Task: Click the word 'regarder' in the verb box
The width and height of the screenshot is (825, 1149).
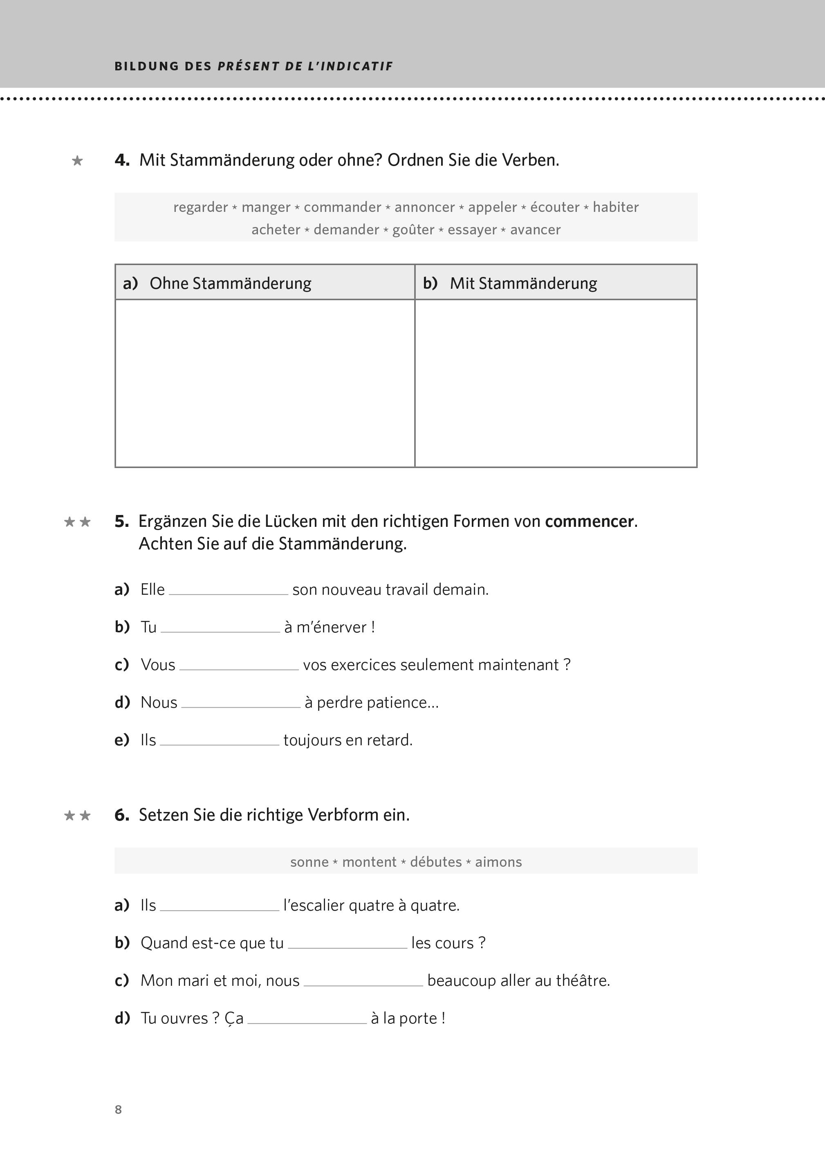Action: click(x=201, y=207)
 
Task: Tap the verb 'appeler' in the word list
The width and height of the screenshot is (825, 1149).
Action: click(x=492, y=207)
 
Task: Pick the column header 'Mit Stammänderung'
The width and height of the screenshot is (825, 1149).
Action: click(x=523, y=283)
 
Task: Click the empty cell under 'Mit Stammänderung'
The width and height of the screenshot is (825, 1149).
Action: click(x=556, y=383)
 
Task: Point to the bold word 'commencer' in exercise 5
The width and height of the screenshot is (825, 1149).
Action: click(x=589, y=521)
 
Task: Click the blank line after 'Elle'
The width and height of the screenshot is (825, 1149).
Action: click(x=229, y=591)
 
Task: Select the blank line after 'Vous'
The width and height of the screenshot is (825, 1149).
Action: click(x=239, y=666)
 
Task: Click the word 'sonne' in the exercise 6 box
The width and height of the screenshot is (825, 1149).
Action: click(x=309, y=862)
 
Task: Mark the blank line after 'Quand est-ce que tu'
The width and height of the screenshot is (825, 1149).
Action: click(x=347, y=944)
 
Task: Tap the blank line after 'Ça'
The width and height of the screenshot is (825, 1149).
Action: click(x=307, y=1019)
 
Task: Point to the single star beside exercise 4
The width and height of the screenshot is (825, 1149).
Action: click(x=77, y=161)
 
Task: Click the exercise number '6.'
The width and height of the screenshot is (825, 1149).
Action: click(x=121, y=815)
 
